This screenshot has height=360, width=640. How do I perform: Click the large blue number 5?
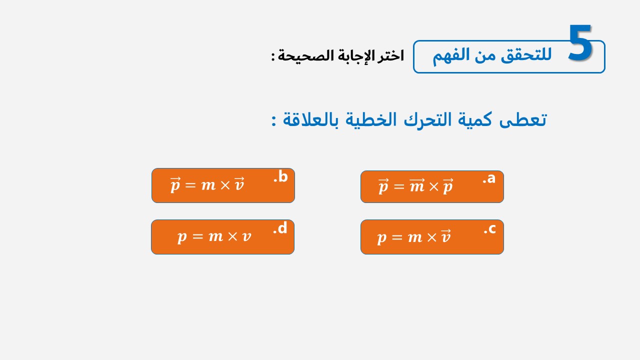(579, 42)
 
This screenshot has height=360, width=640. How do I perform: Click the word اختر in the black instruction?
(390, 55)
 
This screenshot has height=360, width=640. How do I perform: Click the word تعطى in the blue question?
(523, 119)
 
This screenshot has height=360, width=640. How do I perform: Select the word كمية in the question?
(475, 119)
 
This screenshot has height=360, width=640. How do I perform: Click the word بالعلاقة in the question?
(310, 119)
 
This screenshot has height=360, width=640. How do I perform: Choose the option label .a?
(489, 178)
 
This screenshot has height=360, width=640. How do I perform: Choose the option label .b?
(280, 176)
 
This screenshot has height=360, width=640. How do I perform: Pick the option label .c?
(489, 229)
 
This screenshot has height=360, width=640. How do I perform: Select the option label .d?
(280, 228)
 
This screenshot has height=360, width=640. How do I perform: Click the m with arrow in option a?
(417, 185)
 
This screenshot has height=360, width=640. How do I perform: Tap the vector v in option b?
(239, 184)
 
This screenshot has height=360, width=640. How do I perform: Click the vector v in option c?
(445, 236)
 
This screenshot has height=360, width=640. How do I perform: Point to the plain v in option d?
(246, 237)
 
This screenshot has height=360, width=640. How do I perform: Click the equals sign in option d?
(197, 236)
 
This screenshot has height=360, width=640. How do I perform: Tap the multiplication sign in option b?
(225, 185)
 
